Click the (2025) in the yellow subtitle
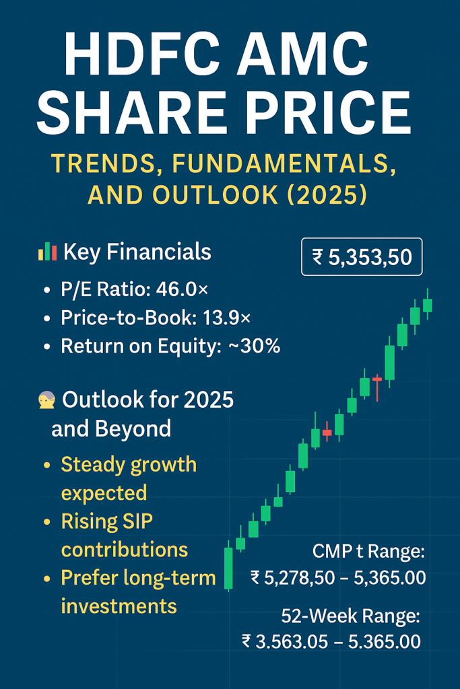coord(326,194)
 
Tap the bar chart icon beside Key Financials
coord(48,252)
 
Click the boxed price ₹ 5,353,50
coord(362,257)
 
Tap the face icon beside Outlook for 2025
coord(46,400)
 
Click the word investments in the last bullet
coord(119,606)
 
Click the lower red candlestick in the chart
coord(327,432)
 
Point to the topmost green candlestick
coord(427,305)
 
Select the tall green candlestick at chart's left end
coord(228,567)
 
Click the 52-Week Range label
coord(350,616)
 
